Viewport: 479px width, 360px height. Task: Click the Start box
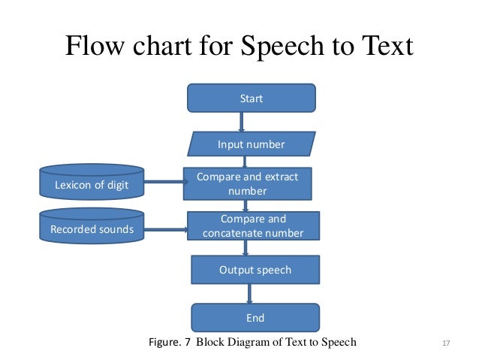(251, 98)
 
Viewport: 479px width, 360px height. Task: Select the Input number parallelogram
(251, 144)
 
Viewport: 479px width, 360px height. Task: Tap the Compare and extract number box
(247, 183)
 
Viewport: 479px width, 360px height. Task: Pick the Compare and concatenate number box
(253, 226)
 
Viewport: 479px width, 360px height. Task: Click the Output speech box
(255, 269)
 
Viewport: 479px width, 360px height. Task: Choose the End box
(255, 317)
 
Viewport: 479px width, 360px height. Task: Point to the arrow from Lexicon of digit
(164, 181)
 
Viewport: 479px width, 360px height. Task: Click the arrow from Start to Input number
(242, 122)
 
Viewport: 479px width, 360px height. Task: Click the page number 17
(446, 344)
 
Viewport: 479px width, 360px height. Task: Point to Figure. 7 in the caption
(171, 343)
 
